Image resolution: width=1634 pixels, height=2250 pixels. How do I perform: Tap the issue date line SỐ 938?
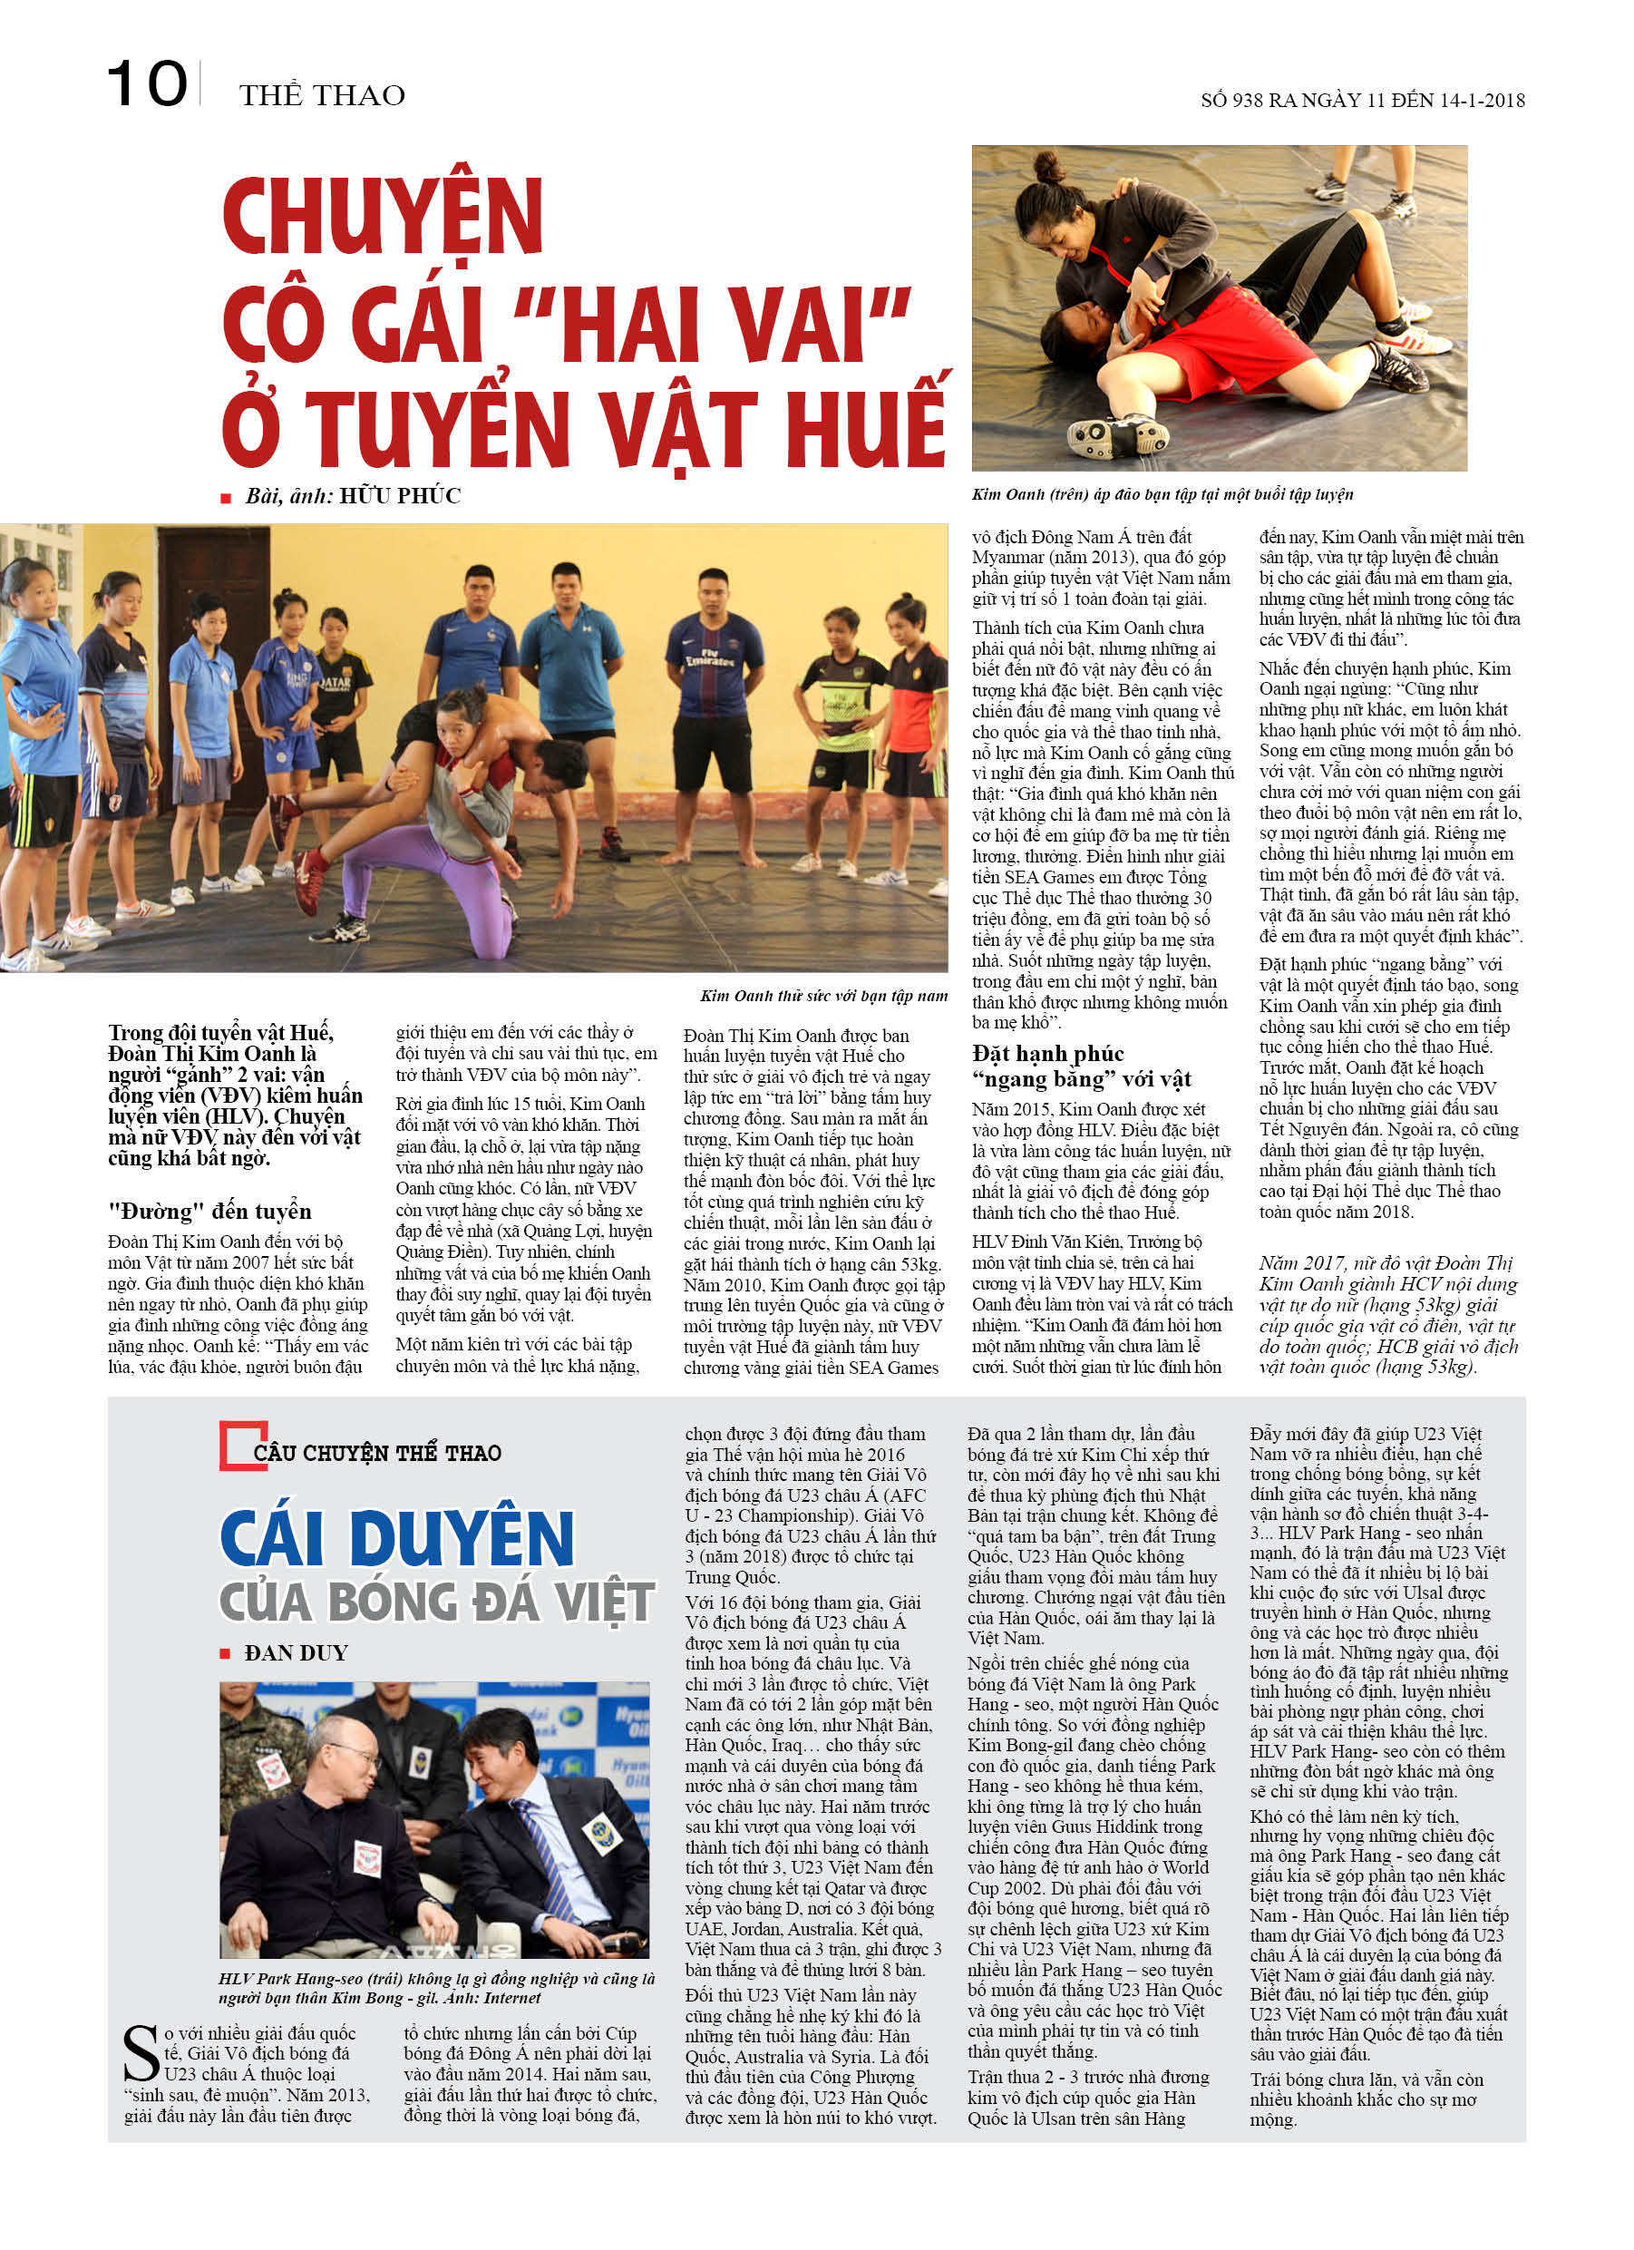(x=1361, y=100)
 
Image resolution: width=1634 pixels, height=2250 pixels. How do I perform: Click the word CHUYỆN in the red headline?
(x=383, y=218)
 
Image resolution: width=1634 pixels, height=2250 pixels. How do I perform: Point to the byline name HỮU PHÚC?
(x=400, y=496)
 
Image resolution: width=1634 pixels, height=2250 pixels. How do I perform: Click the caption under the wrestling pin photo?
(x=1162, y=494)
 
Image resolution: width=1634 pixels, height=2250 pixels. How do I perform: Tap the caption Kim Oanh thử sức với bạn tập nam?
(x=823, y=995)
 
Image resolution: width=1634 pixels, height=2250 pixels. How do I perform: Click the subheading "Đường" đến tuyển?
(x=209, y=1212)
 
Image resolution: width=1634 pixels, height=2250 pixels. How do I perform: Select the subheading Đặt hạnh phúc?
(x=1047, y=1054)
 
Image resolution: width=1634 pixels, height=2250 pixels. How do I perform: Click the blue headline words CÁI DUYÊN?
(x=396, y=1540)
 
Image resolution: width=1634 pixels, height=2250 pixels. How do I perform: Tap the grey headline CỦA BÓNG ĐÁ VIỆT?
(x=435, y=1603)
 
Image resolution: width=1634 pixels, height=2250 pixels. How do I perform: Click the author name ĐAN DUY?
(x=296, y=1652)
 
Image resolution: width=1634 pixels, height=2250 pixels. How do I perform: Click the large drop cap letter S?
(x=141, y=2053)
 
